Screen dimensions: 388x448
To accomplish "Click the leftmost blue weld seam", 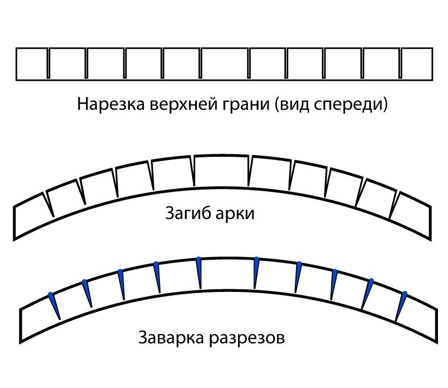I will [x=54, y=305].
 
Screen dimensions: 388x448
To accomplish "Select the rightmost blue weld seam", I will [x=402, y=305].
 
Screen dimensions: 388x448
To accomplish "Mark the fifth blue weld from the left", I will [x=199, y=272].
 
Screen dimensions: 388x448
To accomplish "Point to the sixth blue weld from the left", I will [x=256, y=272].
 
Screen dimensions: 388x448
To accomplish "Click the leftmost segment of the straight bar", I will [x=32, y=64].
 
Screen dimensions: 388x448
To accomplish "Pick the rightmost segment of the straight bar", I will [x=417, y=64].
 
